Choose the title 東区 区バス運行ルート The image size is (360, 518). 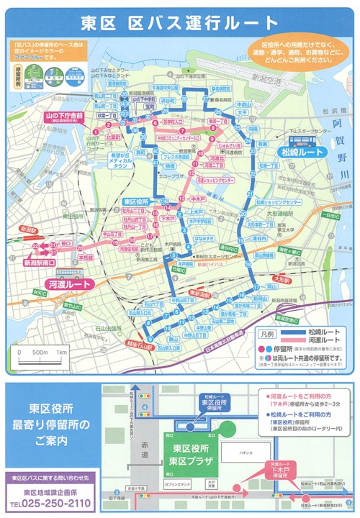(x=180, y=22)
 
